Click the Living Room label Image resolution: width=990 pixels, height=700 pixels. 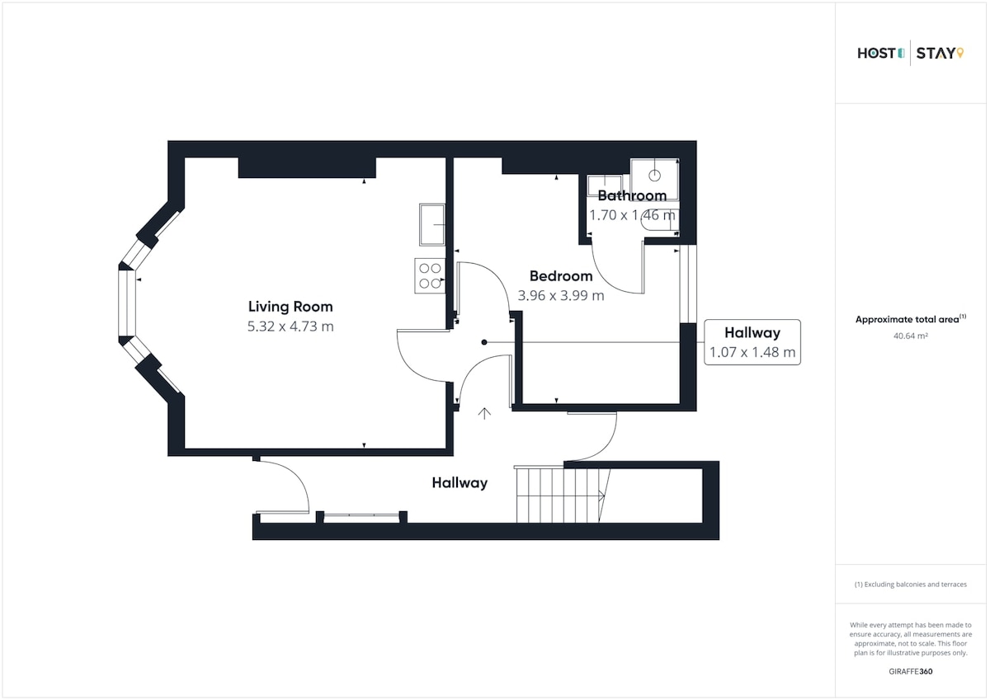[x=290, y=307]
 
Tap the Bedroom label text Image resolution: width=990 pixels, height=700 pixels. [x=561, y=276]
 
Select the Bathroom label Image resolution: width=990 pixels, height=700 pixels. [x=632, y=195]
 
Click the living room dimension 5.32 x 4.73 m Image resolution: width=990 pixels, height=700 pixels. [x=290, y=327]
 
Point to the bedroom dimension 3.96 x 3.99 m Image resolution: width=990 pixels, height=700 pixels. [x=561, y=295]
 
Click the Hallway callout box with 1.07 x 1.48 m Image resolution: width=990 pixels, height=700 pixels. [x=752, y=342]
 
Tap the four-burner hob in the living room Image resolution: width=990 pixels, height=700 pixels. [x=430, y=275]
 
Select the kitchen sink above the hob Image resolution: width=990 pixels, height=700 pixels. [x=431, y=224]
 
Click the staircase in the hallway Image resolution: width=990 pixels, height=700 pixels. [x=562, y=495]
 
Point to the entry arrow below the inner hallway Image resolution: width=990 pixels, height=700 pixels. [x=484, y=413]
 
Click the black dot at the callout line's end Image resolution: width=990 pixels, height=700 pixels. [x=484, y=342]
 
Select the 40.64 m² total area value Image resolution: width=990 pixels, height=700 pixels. [x=911, y=336]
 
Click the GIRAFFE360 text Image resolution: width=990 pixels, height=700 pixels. [x=911, y=672]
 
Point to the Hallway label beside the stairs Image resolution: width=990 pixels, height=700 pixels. [x=460, y=482]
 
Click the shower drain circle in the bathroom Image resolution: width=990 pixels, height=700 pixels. [x=654, y=176]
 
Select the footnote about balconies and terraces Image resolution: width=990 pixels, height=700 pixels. [x=911, y=585]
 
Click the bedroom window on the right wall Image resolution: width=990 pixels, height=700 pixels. [x=688, y=284]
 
